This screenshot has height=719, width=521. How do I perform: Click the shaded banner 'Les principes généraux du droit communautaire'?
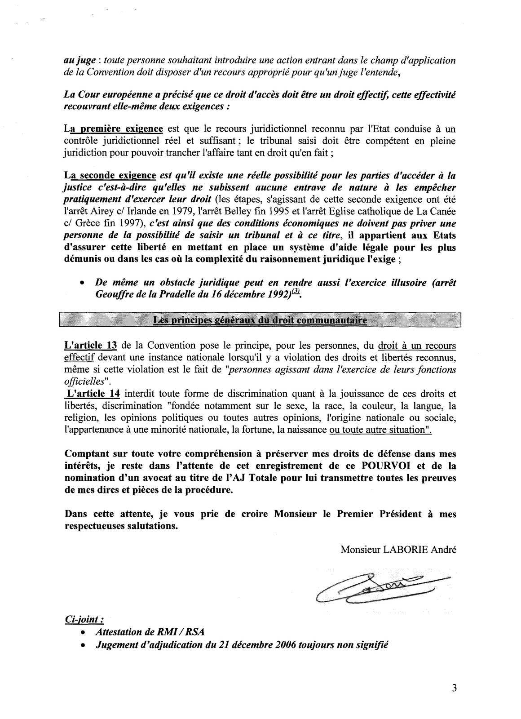coord(260,320)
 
